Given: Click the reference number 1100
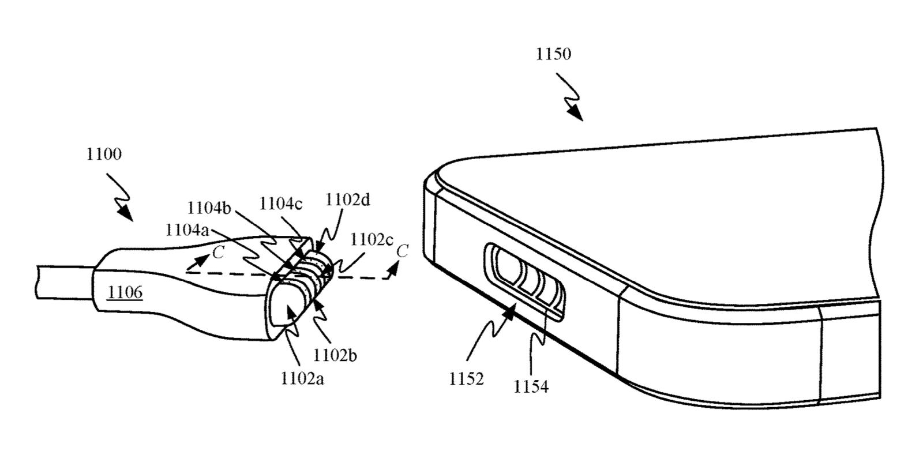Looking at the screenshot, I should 104,155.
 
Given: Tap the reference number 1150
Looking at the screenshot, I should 553,54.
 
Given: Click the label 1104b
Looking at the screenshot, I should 209,208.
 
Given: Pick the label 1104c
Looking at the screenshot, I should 281,204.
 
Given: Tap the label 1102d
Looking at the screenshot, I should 348,200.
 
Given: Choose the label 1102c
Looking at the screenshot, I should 372,239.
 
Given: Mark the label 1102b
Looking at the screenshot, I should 335,355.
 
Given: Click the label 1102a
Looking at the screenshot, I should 302,378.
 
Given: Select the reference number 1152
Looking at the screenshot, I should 467,379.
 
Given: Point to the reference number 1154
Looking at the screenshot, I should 531,386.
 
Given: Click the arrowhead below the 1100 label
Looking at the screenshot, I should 125,215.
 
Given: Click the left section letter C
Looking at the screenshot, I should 218,252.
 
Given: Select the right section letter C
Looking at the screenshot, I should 403,251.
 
